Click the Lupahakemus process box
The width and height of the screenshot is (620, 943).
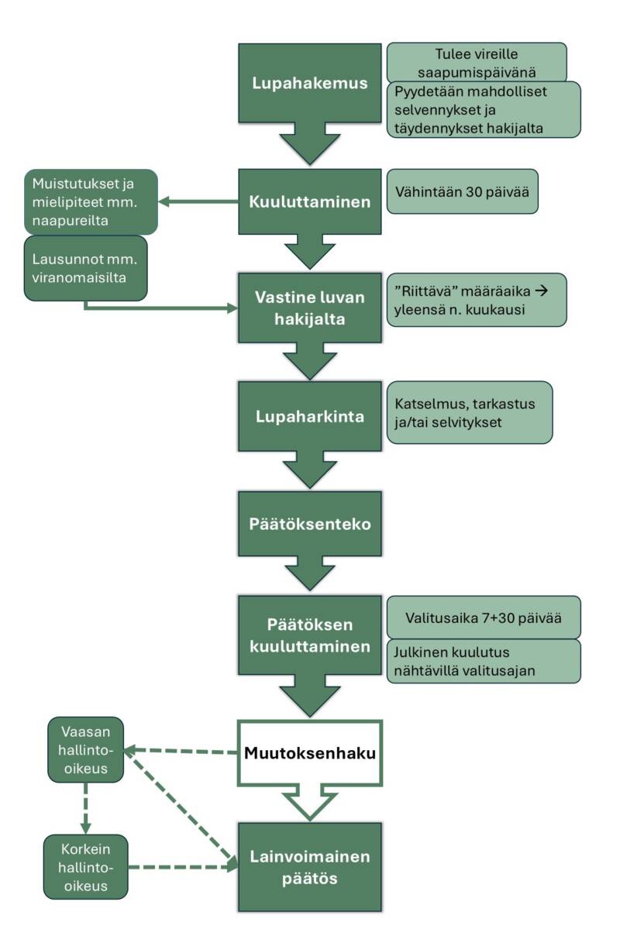click(310, 84)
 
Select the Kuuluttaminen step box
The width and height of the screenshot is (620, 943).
click(310, 201)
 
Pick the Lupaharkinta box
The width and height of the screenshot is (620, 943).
click(310, 416)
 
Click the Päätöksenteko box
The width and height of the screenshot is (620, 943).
click(310, 524)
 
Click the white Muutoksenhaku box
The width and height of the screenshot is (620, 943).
click(310, 752)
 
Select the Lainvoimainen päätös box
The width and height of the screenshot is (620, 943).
click(310, 867)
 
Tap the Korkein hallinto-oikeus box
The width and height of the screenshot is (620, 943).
click(86, 866)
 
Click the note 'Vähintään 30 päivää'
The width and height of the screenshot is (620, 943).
click(463, 191)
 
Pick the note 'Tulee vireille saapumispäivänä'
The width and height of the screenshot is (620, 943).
click(477, 62)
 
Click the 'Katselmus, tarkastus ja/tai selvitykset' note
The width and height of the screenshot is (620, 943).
click(470, 412)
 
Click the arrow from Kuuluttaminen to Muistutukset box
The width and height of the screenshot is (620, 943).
click(198, 201)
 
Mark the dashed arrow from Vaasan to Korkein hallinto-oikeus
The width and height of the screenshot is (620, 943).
click(86, 806)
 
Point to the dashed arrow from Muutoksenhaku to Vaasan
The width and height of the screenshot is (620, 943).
click(182, 751)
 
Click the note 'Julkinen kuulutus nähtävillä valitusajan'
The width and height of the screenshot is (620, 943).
click(484, 661)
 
